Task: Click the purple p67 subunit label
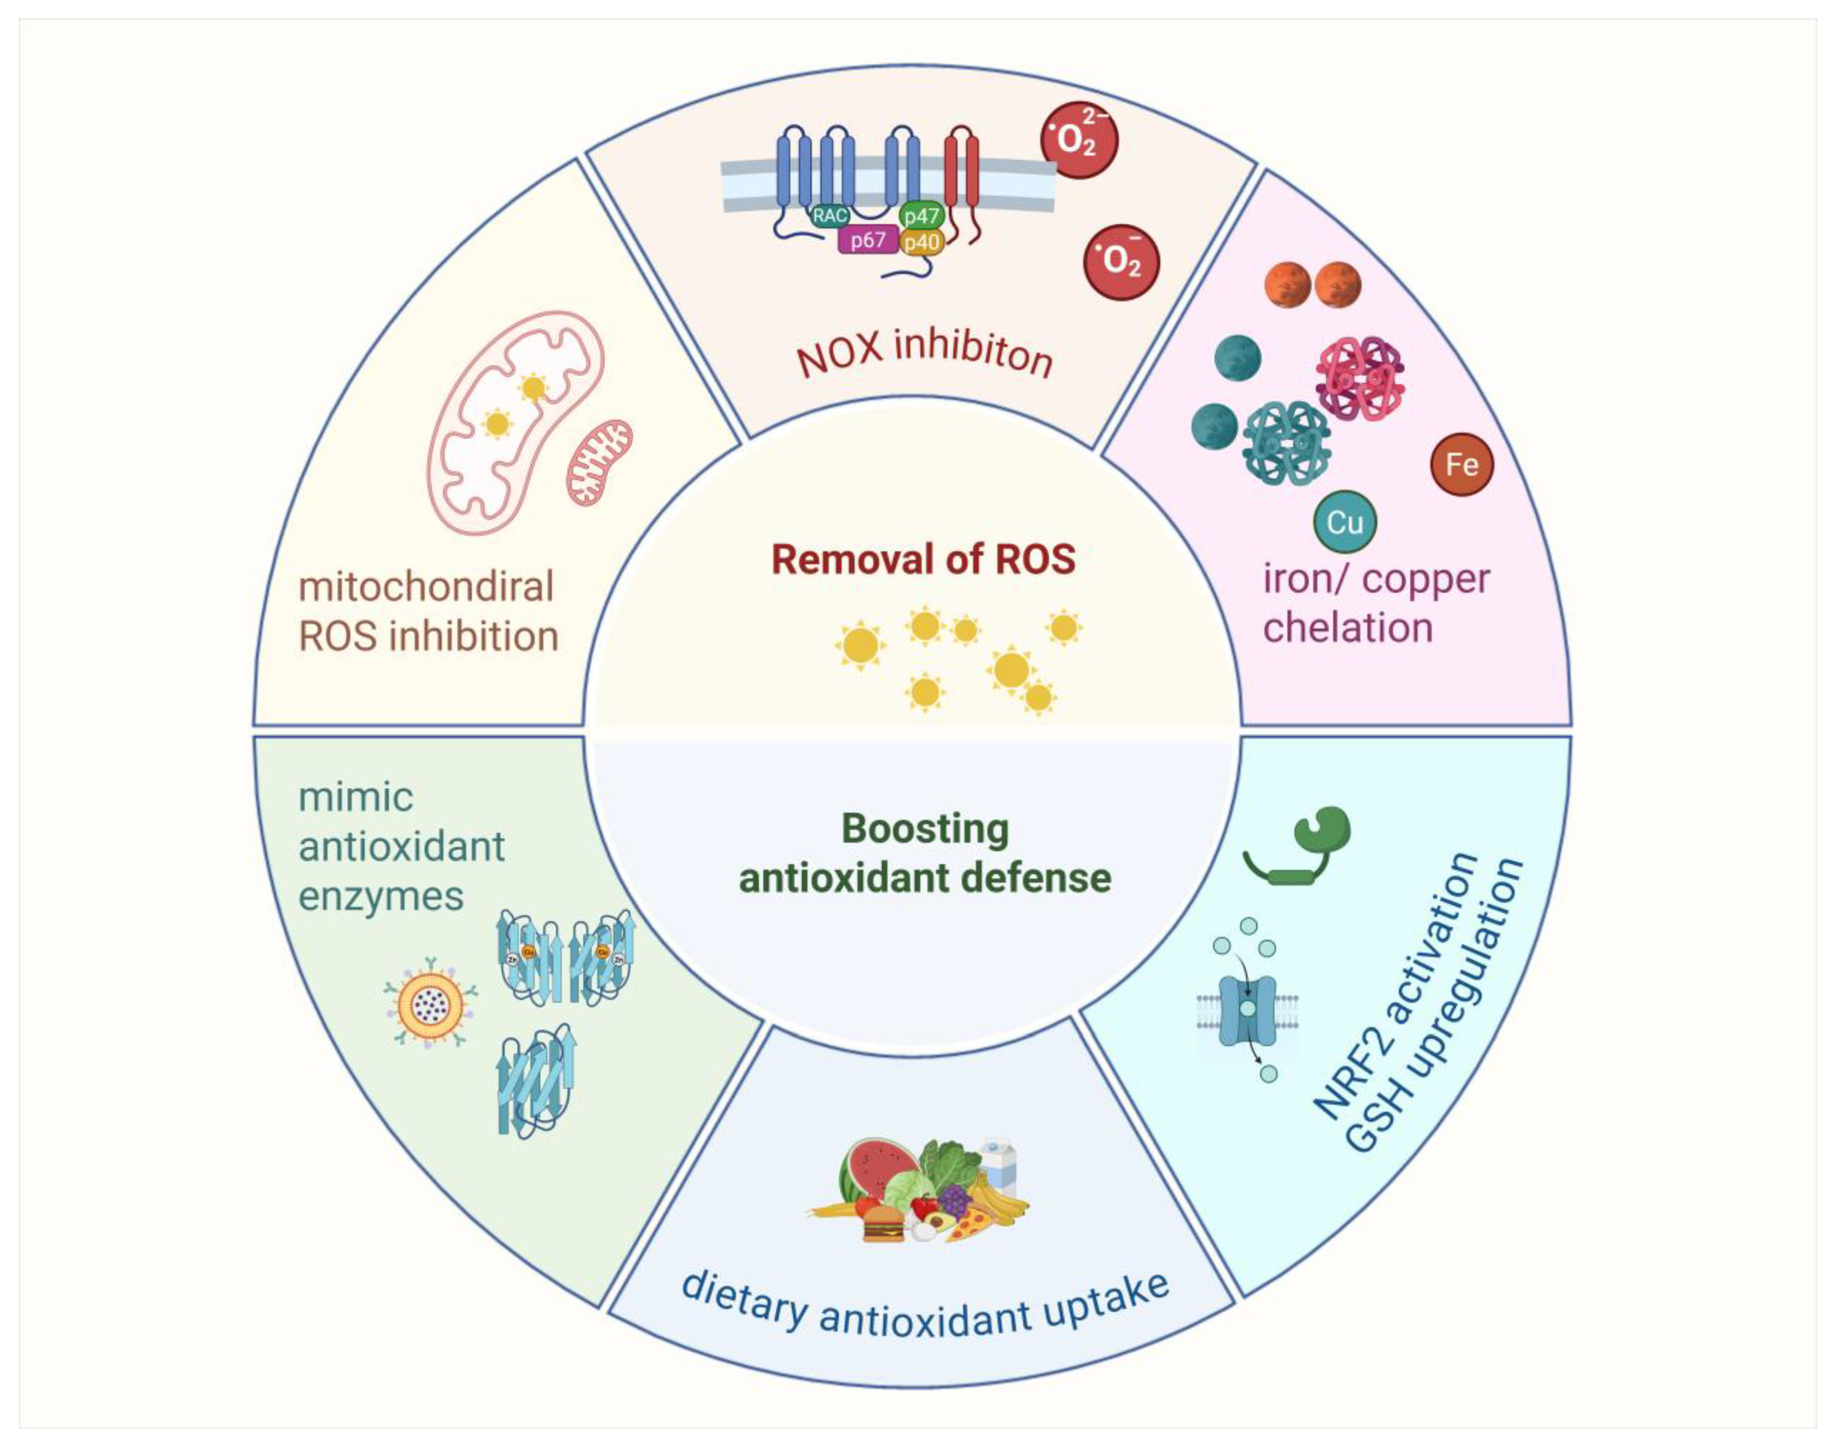pos(867,241)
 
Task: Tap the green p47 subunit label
pos(921,215)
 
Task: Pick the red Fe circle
pos(1462,464)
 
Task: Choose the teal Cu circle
pos(1344,522)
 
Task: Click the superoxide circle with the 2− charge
pos(1079,140)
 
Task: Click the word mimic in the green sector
pos(356,797)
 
